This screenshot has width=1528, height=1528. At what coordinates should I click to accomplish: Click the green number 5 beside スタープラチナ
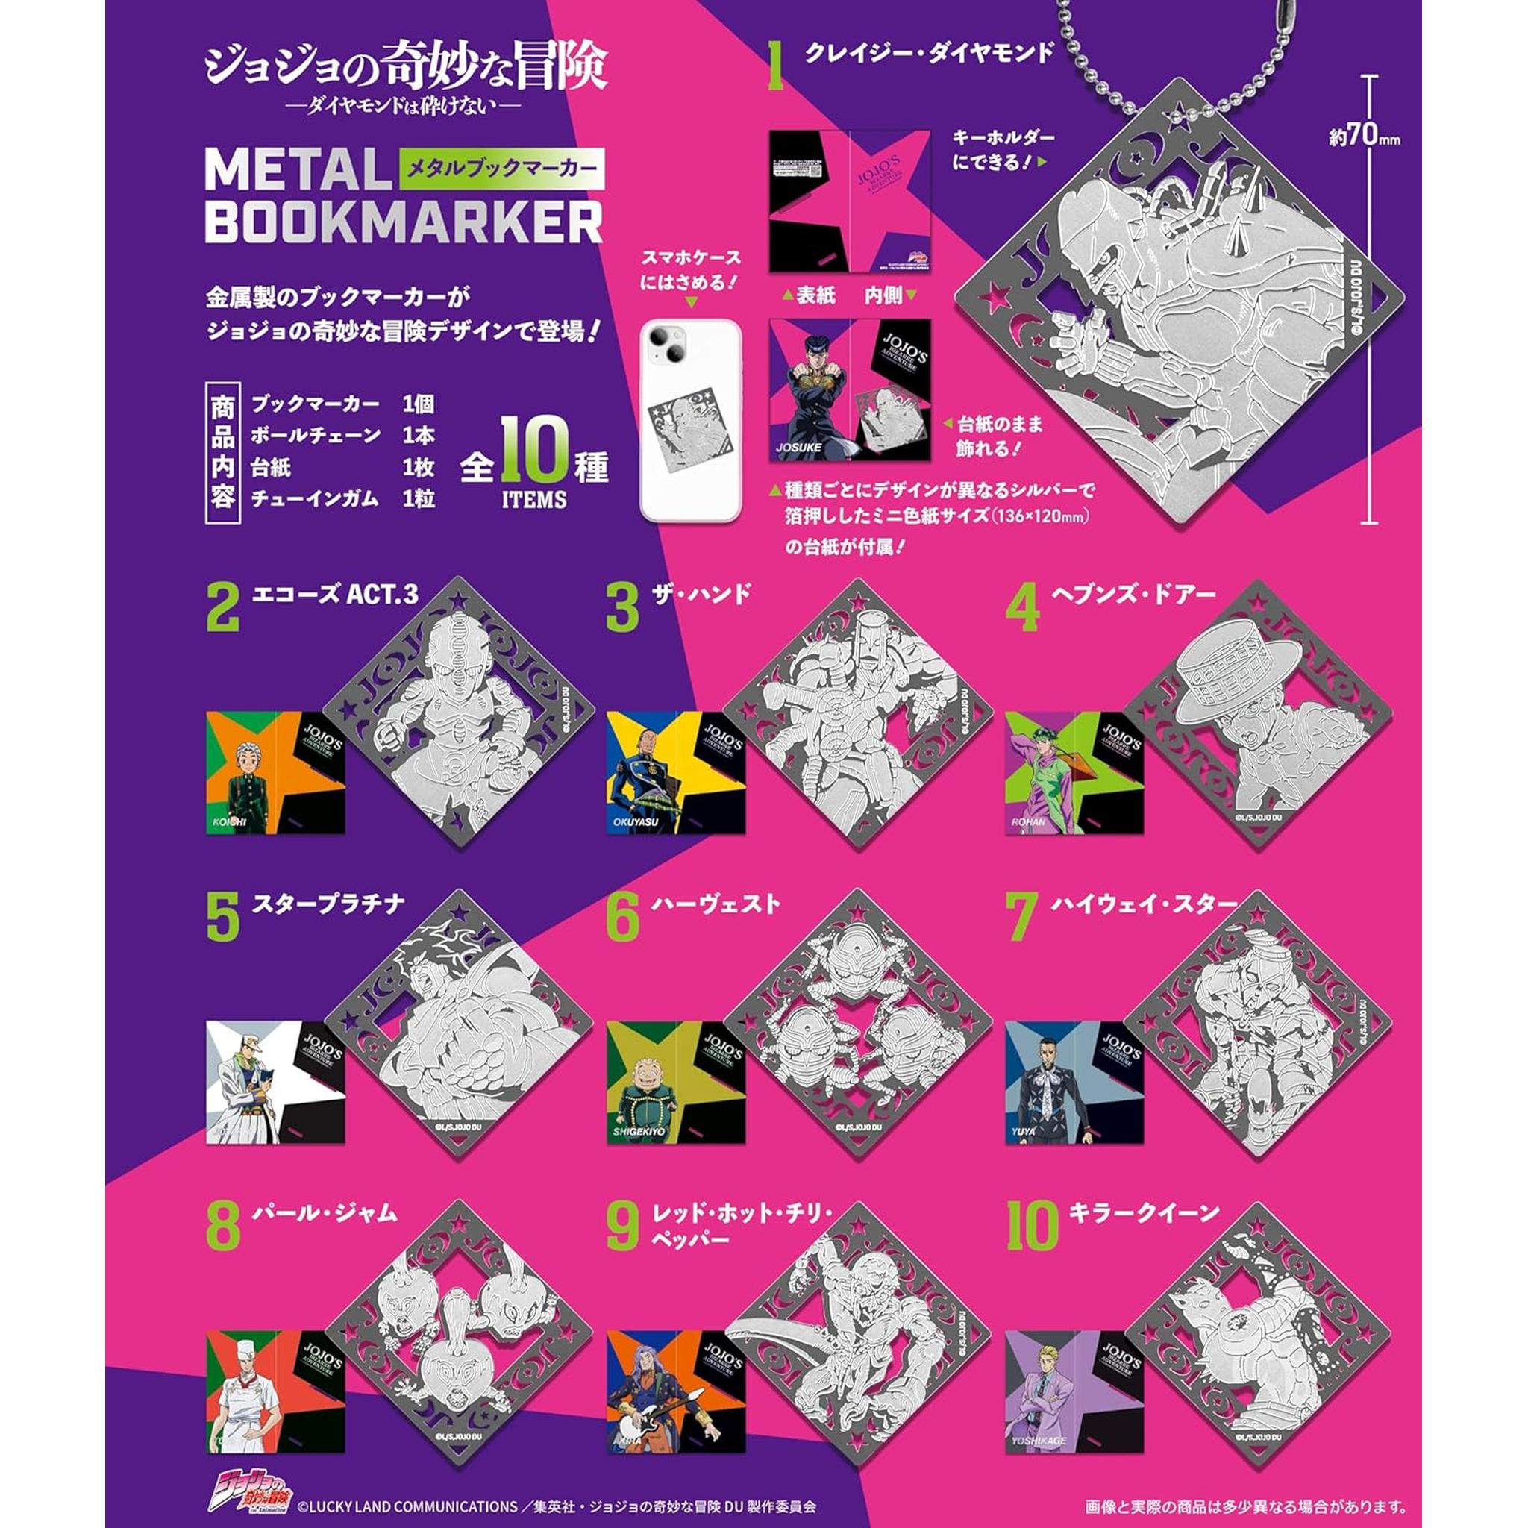click(222, 918)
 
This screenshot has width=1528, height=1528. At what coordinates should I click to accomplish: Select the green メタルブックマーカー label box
click(501, 168)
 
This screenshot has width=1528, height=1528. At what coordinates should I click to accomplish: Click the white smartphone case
click(690, 420)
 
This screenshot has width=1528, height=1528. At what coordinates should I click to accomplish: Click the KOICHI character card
click(275, 772)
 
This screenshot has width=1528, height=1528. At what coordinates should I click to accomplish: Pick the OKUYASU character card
click(675, 772)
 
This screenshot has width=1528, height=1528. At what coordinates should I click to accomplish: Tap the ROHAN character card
click(1074, 772)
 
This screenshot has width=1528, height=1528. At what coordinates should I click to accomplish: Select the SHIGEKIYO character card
click(675, 1081)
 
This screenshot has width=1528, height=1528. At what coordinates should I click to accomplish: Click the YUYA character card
click(1074, 1081)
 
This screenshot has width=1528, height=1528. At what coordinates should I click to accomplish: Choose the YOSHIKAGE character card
click(1074, 1391)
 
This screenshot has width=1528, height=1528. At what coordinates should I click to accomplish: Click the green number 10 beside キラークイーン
click(1032, 1227)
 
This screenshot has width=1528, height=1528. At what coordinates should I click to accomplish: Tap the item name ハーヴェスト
click(716, 904)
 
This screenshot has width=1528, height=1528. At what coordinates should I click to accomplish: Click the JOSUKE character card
click(851, 390)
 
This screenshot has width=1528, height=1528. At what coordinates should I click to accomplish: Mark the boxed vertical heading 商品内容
click(222, 453)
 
